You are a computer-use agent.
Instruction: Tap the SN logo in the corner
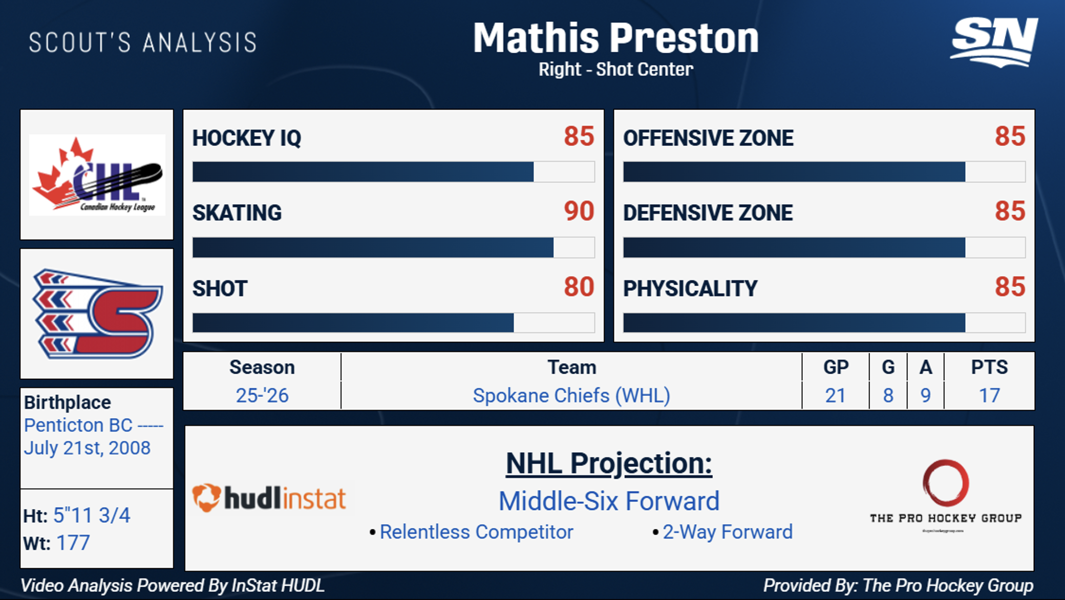pyautogui.click(x=994, y=42)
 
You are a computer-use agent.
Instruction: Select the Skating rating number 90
pyautogui.click(x=579, y=211)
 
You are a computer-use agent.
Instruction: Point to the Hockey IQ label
pyautogui.click(x=247, y=138)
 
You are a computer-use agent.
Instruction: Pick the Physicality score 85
pyautogui.click(x=1010, y=287)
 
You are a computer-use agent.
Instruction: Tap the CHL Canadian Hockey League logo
pyautogui.click(x=97, y=175)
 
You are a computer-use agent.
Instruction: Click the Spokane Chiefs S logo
pyautogui.click(x=97, y=314)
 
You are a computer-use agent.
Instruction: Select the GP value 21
pyautogui.click(x=835, y=396)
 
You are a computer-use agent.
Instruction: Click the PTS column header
pyautogui.click(x=989, y=368)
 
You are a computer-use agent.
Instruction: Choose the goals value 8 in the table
pyautogui.click(x=888, y=396)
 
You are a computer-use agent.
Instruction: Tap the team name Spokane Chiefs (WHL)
pyautogui.click(x=571, y=396)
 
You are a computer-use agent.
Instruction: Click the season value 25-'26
pyautogui.click(x=262, y=396)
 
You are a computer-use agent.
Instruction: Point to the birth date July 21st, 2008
pyautogui.click(x=88, y=448)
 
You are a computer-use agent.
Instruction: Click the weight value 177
pyautogui.click(x=73, y=543)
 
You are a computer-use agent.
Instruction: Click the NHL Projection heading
pyautogui.click(x=608, y=463)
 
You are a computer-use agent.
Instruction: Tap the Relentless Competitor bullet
pyautogui.click(x=476, y=532)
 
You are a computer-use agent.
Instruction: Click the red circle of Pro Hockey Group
pyautogui.click(x=945, y=483)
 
